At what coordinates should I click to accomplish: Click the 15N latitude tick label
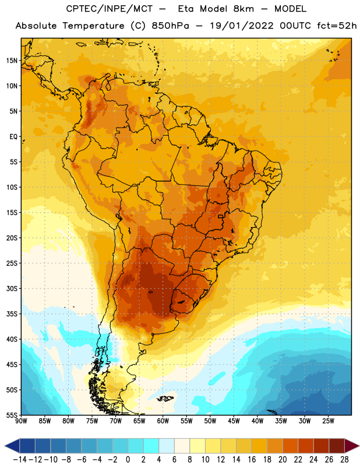12,61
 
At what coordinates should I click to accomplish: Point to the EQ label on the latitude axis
13,137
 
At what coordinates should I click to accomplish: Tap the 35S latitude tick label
12,314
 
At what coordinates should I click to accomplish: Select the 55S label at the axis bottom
12,415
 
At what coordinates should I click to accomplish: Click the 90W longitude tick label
21,421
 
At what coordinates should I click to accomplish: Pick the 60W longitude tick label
163,421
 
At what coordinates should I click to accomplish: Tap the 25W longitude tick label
328,421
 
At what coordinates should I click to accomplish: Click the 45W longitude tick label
234,421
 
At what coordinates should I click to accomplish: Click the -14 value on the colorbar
20,460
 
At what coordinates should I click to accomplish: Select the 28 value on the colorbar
344,460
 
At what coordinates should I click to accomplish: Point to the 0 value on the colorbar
128,460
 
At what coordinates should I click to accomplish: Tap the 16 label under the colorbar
252,460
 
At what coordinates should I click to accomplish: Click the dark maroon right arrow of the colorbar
351,446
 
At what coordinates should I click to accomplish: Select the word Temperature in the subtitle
93,26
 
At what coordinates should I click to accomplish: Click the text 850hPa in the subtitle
170,26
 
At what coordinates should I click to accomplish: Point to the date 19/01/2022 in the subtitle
241,26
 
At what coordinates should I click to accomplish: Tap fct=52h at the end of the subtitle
337,26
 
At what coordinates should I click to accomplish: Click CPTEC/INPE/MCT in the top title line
110,9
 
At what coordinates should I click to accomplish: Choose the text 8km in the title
243,9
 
